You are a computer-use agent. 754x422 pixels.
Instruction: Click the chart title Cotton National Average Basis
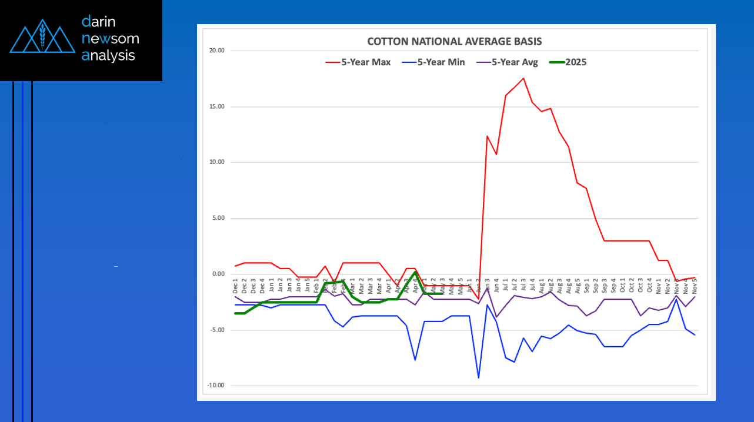click(x=454, y=42)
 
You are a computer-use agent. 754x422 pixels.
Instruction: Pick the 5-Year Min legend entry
click(x=433, y=62)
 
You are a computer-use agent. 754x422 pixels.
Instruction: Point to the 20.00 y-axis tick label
click(x=217, y=51)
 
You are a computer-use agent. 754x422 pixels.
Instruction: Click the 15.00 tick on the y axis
click(x=217, y=106)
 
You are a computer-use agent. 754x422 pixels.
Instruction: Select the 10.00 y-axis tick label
click(x=217, y=162)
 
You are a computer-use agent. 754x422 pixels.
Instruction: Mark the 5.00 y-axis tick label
click(x=219, y=218)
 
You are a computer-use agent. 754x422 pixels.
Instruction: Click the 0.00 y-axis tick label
click(x=219, y=274)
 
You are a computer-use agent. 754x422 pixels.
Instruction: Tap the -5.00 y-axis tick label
click(x=218, y=330)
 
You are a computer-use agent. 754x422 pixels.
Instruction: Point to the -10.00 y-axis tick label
click(x=216, y=386)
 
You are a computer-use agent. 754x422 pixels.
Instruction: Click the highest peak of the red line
click(x=523, y=78)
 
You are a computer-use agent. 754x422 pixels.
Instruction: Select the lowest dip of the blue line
click(x=478, y=377)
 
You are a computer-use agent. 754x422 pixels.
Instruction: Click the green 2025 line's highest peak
click(x=415, y=272)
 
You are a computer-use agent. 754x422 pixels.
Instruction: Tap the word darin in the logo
click(x=99, y=22)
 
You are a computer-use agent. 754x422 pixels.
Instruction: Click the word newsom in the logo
click(x=111, y=39)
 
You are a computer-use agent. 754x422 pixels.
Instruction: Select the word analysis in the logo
click(x=108, y=56)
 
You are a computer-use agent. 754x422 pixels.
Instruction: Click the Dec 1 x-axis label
click(x=235, y=288)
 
